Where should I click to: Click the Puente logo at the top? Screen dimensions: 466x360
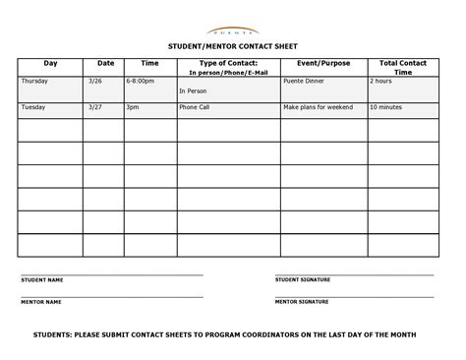point(233,31)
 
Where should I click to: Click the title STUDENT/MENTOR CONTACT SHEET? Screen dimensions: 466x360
point(233,47)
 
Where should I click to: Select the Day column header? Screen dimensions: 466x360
point(50,63)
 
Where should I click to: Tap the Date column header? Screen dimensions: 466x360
point(104,63)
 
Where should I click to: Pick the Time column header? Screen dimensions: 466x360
point(149,63)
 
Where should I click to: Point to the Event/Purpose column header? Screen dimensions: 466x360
point(323,63)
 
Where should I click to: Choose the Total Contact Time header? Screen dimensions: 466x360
point(403,67)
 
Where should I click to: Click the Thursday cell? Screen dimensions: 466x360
point(34,81)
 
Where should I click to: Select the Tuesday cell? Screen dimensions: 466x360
point(33,107)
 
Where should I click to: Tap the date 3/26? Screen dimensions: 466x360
point(95,81)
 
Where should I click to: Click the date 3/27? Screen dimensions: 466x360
point(95,107)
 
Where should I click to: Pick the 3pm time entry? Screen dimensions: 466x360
point(132,107)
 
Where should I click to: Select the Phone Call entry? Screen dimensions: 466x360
point(194,107)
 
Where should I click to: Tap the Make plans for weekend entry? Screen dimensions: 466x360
point(319,107)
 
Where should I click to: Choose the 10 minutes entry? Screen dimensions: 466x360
point(386,107)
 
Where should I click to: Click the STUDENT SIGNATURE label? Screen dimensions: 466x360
point(303,280)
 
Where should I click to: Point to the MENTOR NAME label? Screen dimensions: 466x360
point(41,302)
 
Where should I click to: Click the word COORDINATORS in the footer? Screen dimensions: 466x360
point(249,335)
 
